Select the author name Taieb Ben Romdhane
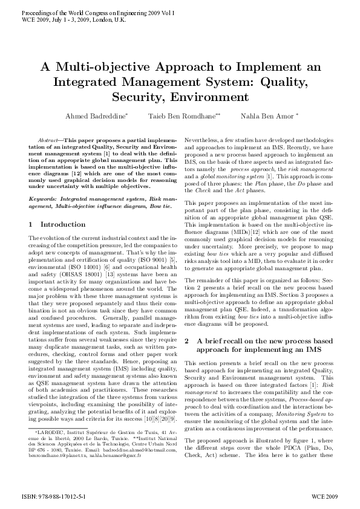(180, 115)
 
